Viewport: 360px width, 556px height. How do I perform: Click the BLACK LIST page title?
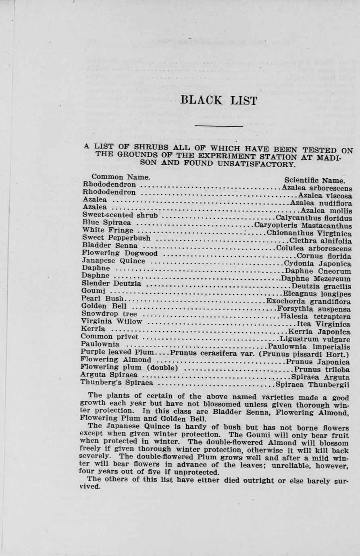point(218,100)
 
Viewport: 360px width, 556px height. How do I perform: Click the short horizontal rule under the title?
point(218,127)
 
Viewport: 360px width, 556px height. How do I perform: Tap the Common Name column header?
point(121,177)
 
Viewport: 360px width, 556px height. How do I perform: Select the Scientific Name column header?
point(314,180)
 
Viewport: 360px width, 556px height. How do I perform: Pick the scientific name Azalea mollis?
point(326,211)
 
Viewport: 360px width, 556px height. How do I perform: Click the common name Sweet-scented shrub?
point(120,215)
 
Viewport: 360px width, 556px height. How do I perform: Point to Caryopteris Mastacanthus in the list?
point(303,226)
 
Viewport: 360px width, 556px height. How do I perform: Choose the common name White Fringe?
point(108,230)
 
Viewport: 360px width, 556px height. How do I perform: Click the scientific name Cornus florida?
point(324,256)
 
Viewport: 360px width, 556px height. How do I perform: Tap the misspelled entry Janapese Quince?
point(113,261)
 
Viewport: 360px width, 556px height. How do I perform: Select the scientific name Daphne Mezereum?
point(316,279)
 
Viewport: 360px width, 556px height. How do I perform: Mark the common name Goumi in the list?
point(93,291)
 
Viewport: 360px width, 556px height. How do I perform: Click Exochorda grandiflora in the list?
point(308,301)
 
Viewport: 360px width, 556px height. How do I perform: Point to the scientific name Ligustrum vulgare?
point(315,339)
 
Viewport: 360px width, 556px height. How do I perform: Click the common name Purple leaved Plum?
point(117,352)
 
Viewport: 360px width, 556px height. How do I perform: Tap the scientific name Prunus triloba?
point(322,369)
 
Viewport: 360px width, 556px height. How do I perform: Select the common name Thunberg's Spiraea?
point(117,382)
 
